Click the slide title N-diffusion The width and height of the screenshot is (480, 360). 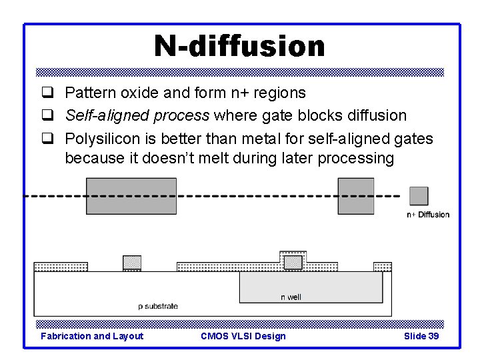click(x=239, y=47)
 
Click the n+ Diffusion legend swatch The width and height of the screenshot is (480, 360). click(x=419, y=196)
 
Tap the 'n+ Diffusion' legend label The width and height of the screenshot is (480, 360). click(x=428, y=215)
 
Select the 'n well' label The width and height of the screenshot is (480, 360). click(x=291, y=297)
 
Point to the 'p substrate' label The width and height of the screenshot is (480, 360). click(x=158, y=306)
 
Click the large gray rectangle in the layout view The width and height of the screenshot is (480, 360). click(x=131, y=196)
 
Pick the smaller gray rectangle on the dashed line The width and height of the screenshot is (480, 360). click(x=356, y=196)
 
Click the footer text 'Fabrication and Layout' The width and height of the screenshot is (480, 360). click(x=92, y=336)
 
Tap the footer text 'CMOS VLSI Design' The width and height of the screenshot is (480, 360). click(x=243, y=336)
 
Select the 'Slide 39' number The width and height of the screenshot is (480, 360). click(x=421, y=336)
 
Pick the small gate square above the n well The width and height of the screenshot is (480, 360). click(x=293, y=262)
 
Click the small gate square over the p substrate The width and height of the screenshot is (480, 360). click(x=132, y=262)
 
